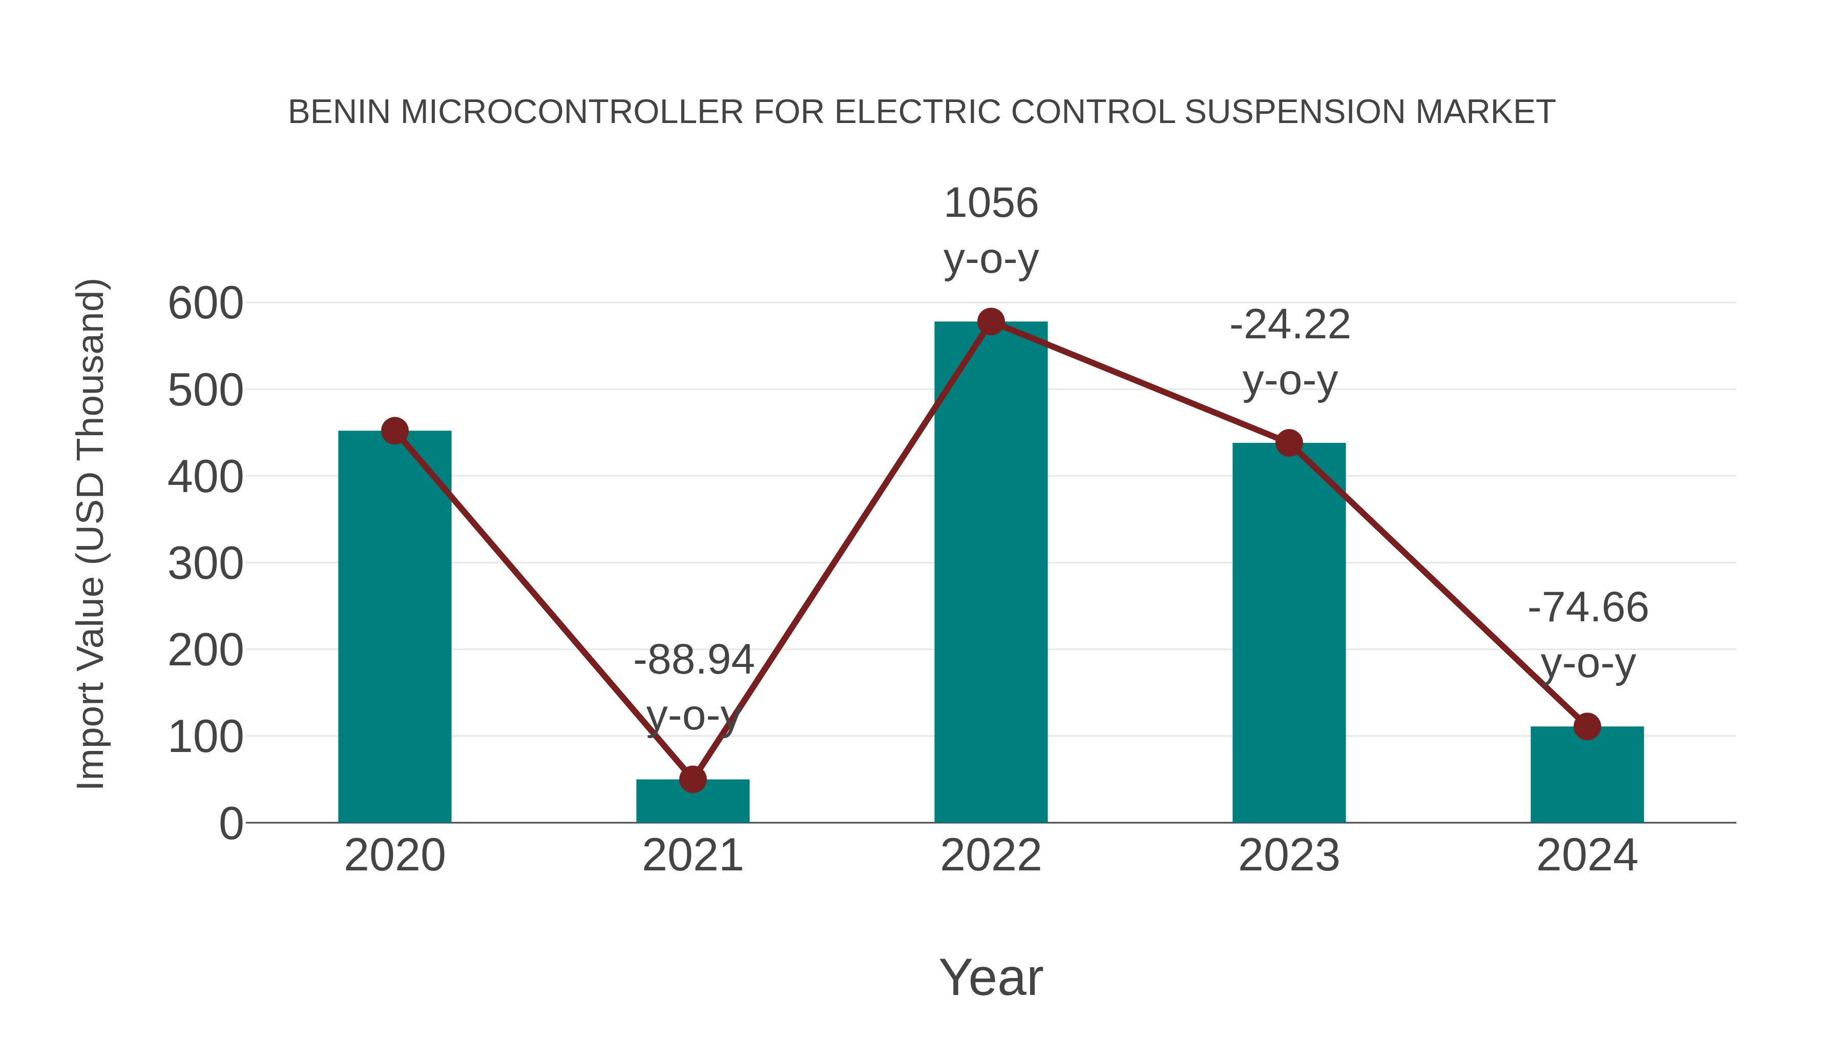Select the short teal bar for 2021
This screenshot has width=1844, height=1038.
point(692,803)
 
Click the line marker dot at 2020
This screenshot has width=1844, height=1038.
point(394,431)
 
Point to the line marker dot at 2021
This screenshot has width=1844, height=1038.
point(692,779)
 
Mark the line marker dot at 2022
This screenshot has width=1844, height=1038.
point(991,321)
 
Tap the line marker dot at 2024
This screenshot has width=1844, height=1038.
point(1587,726)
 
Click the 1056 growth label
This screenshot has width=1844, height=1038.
point(991,203)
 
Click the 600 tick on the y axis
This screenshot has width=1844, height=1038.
point(205,304)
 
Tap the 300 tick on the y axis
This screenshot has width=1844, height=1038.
point(205,564)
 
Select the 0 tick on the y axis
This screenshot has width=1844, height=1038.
point(230,824)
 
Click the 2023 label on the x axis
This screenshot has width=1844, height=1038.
point(1289,856)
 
